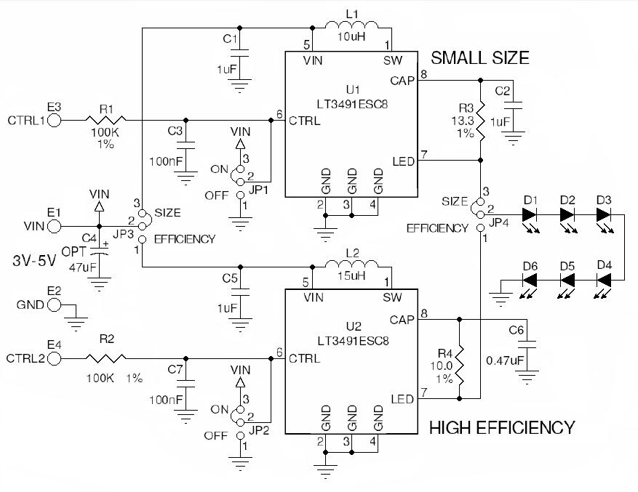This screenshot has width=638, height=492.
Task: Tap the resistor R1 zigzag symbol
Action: (106, 120)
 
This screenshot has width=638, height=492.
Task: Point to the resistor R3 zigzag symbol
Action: (480, 124)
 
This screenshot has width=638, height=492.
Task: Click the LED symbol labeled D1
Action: (530, 215)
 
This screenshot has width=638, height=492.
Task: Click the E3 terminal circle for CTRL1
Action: (55, 120)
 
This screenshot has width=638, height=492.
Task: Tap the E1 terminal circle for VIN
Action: (55, 226)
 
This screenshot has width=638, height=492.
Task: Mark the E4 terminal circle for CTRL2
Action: (55, 358)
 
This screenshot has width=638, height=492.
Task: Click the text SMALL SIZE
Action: (480, 57)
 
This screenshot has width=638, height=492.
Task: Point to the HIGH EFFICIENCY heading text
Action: (502, 427)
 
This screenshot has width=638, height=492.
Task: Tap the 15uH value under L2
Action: (352, 278)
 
